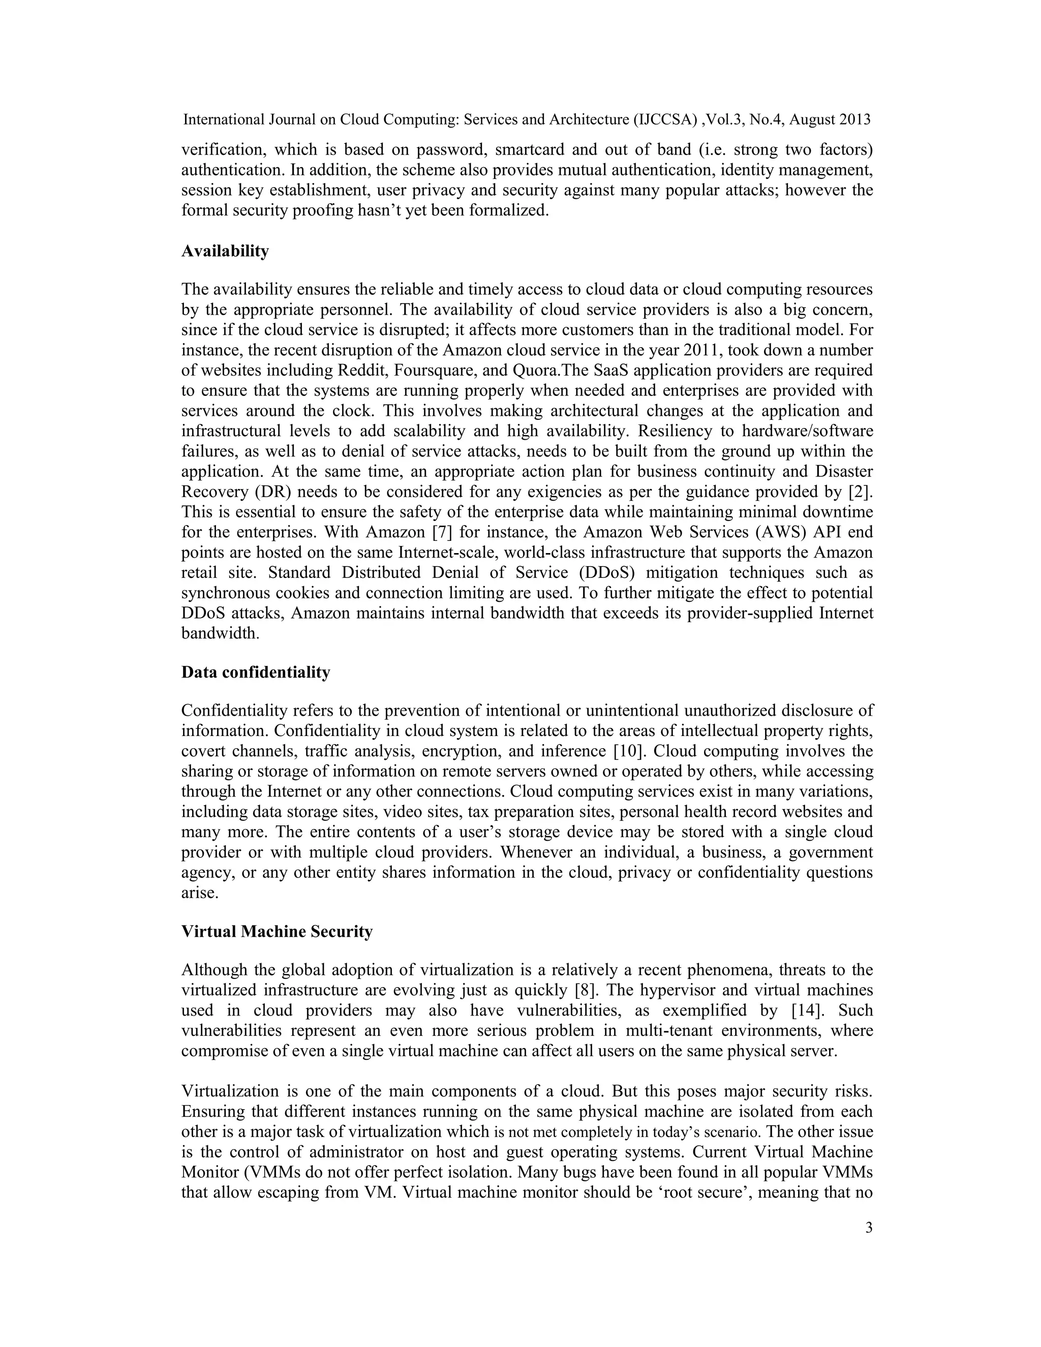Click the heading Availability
point(225,252)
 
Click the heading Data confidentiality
point(255,672)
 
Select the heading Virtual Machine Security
point(277,931)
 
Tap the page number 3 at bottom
point(869,1240)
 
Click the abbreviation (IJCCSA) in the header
point(665,119)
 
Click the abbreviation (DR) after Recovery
point(264,492)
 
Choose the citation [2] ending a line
point(861,492)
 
